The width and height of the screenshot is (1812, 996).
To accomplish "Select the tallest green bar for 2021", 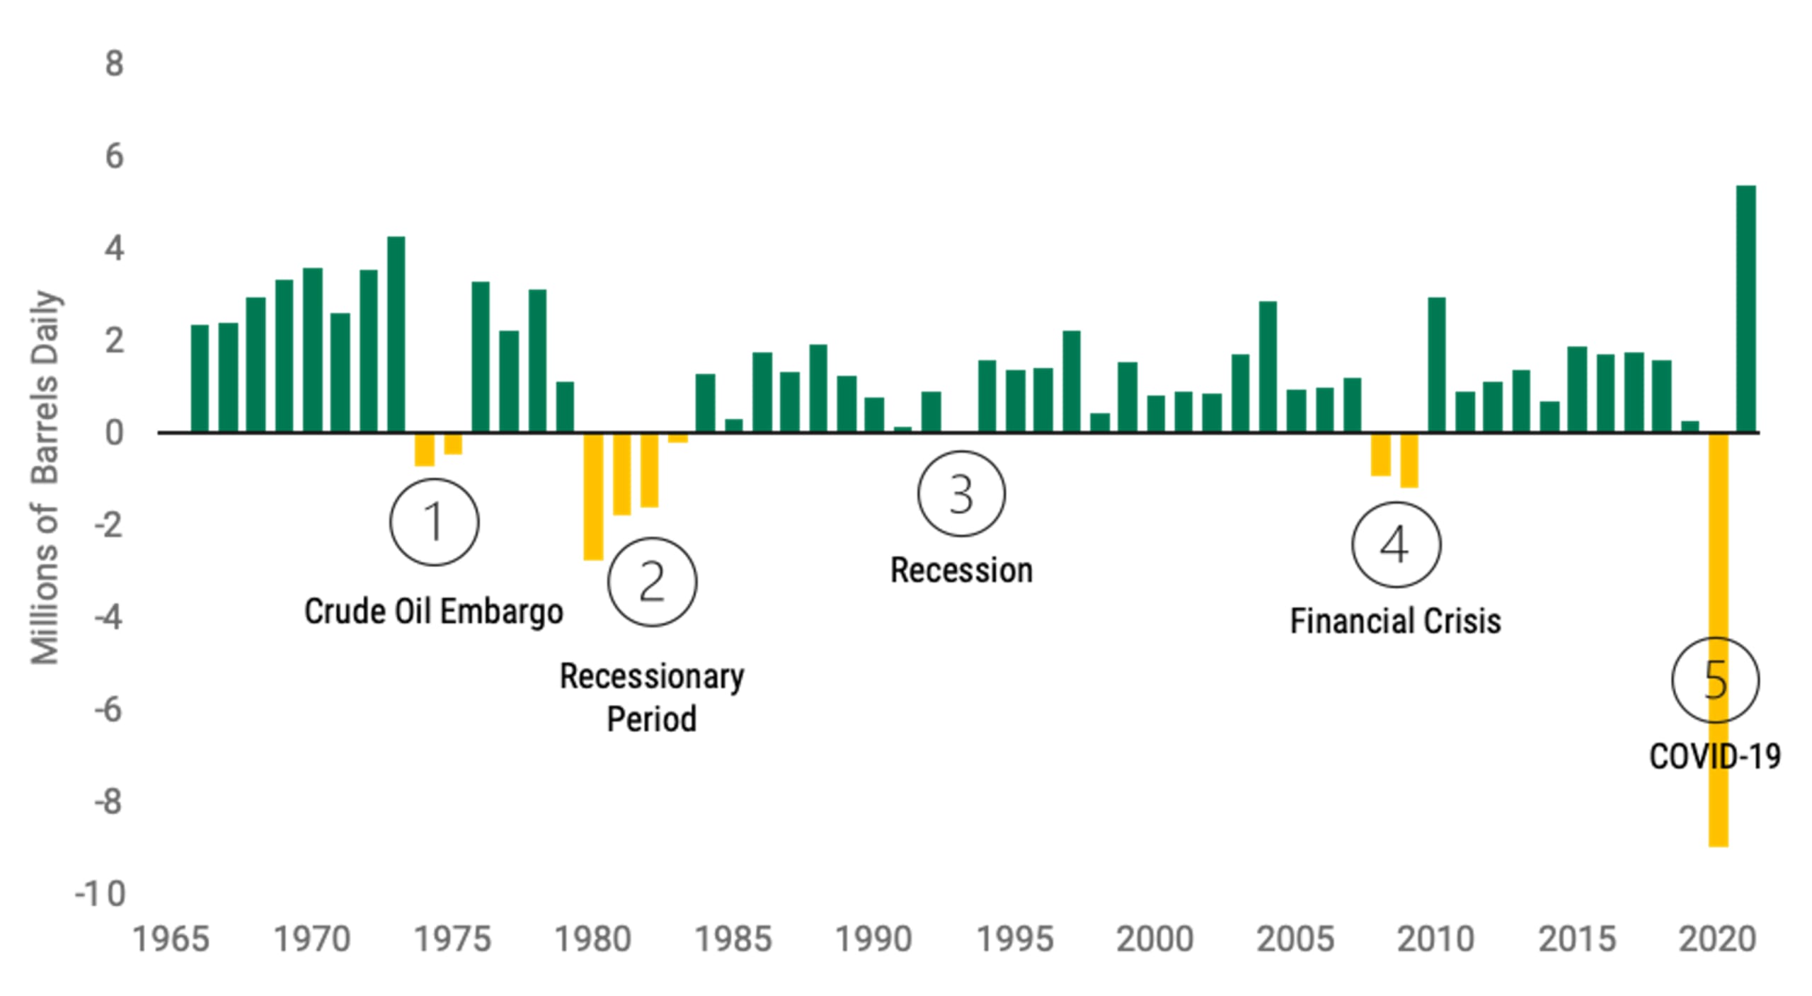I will click(1746, 309).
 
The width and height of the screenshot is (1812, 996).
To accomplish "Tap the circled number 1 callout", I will click(434, 522).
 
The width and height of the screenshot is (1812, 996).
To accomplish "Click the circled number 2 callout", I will click(652, 582).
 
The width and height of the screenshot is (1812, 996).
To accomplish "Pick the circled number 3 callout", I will click(961, 493).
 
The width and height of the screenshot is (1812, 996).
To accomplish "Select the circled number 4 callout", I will click(1396, 545).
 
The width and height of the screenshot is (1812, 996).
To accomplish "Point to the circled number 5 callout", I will click(1715, 680).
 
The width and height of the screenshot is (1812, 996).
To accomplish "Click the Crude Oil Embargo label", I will click(433, 612).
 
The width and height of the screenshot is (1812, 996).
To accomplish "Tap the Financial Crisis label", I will click(1395, 622).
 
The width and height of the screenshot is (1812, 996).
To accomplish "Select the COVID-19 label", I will click(1714, 757).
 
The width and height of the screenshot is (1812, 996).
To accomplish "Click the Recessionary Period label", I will click(651, 697).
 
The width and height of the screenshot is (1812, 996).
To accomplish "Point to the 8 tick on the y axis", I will click(114, 64).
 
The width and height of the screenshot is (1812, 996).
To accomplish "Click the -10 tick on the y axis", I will click(101, 894).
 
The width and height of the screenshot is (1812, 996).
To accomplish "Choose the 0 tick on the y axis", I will click(114, 433).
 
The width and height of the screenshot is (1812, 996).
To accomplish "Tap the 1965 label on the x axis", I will click(171, 940).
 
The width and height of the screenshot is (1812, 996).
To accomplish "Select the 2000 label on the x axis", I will click(1154, 940).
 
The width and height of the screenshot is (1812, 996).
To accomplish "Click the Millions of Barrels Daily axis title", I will click(45, 478).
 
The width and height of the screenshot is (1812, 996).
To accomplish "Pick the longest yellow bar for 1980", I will click(593, 496).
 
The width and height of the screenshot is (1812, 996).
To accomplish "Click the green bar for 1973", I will click(396, 334).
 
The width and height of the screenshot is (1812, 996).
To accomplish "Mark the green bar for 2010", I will click(1437, 365).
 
